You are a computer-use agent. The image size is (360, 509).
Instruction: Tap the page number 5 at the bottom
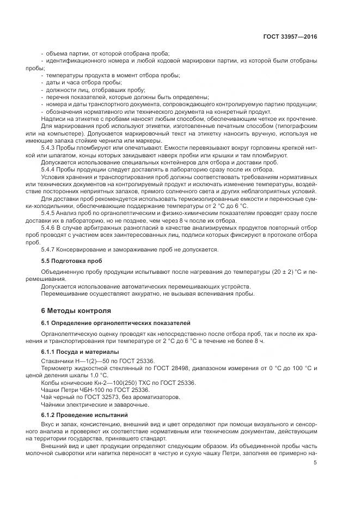315,463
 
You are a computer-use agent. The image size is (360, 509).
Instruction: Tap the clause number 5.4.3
49,148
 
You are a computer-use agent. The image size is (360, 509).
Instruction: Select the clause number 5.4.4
49,169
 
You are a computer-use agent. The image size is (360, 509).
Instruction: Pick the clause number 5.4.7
49,249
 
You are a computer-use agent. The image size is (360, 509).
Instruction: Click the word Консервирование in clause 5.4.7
82,249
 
